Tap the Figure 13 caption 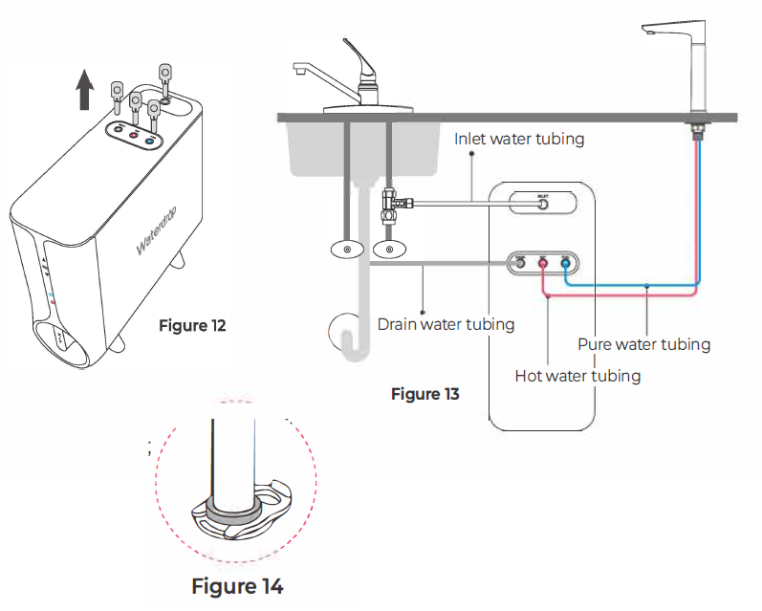tap(425, 394)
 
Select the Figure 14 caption tap(237, 585)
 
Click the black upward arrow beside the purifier tap(85, 94)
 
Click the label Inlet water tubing tap(518, 140)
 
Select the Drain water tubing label tap(446, 324)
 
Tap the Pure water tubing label tap(643, 344)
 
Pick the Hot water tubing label tap(577, 376)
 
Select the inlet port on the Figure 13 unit tap(542, 202)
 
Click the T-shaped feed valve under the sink tap(390, 203)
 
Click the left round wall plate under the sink tap(346, 251)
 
